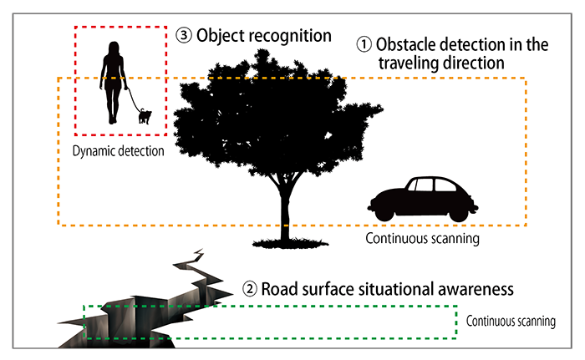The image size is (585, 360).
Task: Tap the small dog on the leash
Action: point(145,116)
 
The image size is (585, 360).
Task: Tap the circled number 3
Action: point(185,36)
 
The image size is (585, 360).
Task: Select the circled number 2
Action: point(248,291)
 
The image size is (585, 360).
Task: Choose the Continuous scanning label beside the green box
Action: point(510,321)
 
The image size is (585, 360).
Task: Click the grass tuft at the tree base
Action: point(286,241)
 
